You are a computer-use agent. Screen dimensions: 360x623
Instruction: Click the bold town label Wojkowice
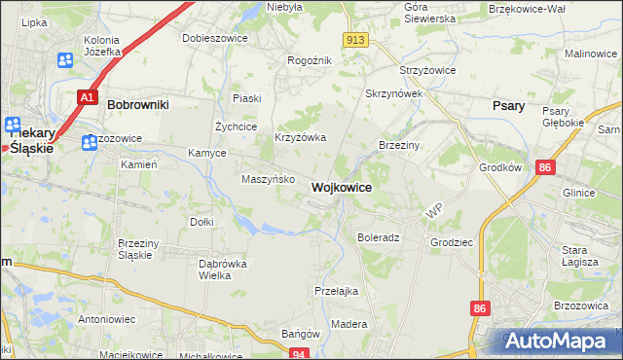(x=341, y=187)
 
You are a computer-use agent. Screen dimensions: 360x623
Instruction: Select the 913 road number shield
(x=355, y=39)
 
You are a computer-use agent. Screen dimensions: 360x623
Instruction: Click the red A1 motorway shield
(x=87, y=97)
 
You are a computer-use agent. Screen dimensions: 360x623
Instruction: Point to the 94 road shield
(x=300, y=354)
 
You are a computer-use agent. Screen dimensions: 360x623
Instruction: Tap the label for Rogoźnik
(x=311, y=60)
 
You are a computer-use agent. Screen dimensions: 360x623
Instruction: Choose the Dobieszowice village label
(x=215, y=38)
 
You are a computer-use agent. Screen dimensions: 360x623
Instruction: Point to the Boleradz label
(x=379, y=236)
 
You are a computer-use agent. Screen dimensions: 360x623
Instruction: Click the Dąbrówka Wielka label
(x=223, y=270)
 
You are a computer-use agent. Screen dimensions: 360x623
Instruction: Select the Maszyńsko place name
(x=268, y=179)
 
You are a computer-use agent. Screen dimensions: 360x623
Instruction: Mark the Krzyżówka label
(x=300, y=138)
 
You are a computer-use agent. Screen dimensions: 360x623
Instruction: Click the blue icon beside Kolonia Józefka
(x=65, y=60)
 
